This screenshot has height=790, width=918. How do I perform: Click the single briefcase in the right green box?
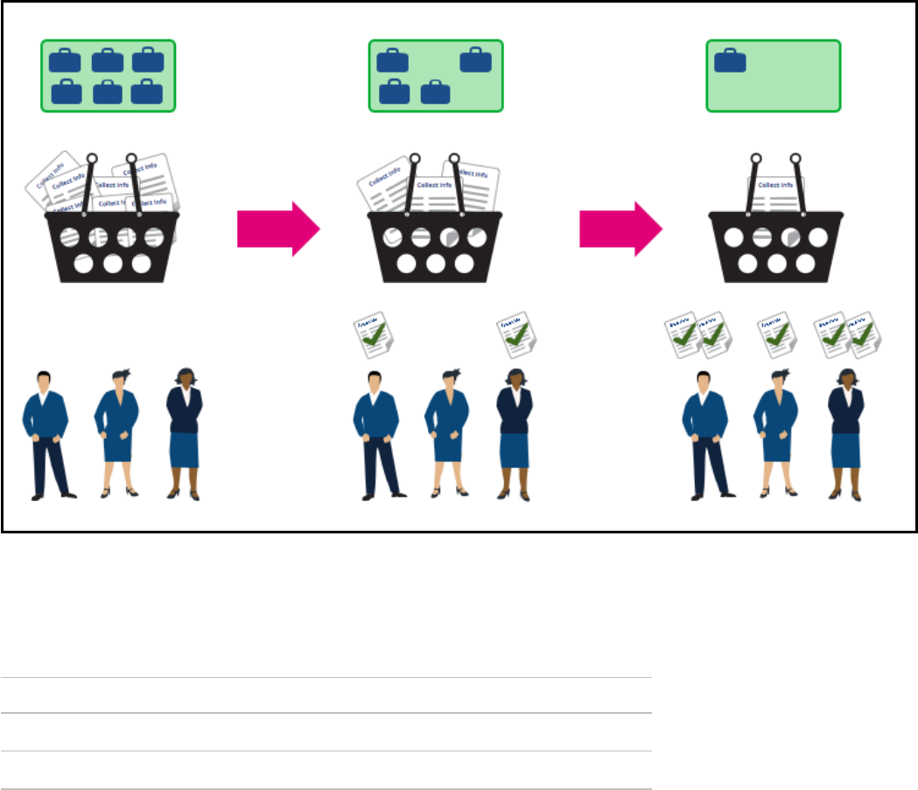click(730, 61)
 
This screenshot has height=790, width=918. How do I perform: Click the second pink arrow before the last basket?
click(620, 229)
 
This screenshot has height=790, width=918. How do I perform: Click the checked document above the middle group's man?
click(370, 335)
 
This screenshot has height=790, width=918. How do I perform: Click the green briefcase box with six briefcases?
click(108, 75)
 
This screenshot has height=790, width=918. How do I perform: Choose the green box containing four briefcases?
click(435, 75)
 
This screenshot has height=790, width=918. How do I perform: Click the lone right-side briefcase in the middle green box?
click(475, 60)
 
